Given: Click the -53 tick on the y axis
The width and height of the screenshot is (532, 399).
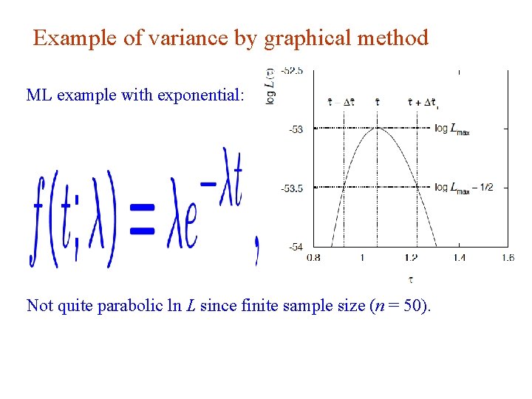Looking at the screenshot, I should click(295, 130).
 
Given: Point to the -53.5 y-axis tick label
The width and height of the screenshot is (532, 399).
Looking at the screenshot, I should click(292, 188).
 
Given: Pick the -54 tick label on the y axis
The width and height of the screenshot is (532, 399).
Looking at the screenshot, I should click(295, 247).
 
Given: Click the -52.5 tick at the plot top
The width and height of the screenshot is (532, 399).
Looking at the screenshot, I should click(292, 71).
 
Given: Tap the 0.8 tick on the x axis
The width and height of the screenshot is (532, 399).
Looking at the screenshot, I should click(313, 258).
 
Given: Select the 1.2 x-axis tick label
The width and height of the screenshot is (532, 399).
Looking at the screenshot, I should click(411, 258).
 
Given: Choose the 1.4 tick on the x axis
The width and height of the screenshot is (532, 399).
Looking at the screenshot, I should click(459, 258).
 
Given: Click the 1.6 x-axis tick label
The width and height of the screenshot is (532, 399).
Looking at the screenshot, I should click(508, 258).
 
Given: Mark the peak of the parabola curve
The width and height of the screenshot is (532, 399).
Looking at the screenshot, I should click(378, 129).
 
